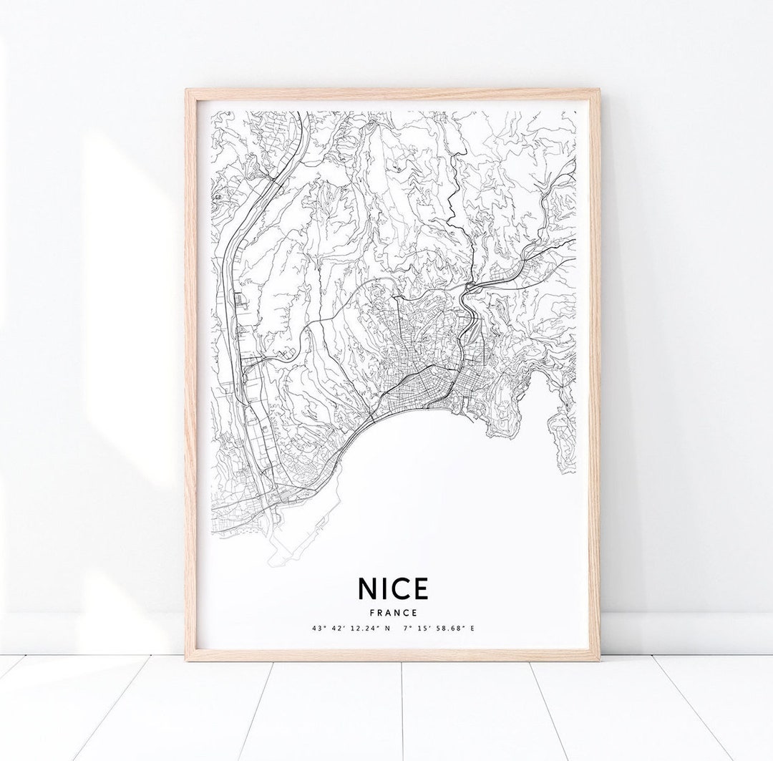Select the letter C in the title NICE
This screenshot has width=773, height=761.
(x=400, y=588)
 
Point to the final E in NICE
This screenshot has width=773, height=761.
(x=419, y=588)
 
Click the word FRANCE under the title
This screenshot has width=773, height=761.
(x=394, y=612)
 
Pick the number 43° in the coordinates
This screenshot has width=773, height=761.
(x=318, y=629)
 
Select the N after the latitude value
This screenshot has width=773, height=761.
(x=388, y=629)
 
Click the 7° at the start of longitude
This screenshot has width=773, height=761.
(x=408, y=629)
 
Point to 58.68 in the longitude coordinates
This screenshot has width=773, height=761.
(x=452, y=629)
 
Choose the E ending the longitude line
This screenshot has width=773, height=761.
(x=472, y=629)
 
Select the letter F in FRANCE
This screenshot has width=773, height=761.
(x=373, y=612)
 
